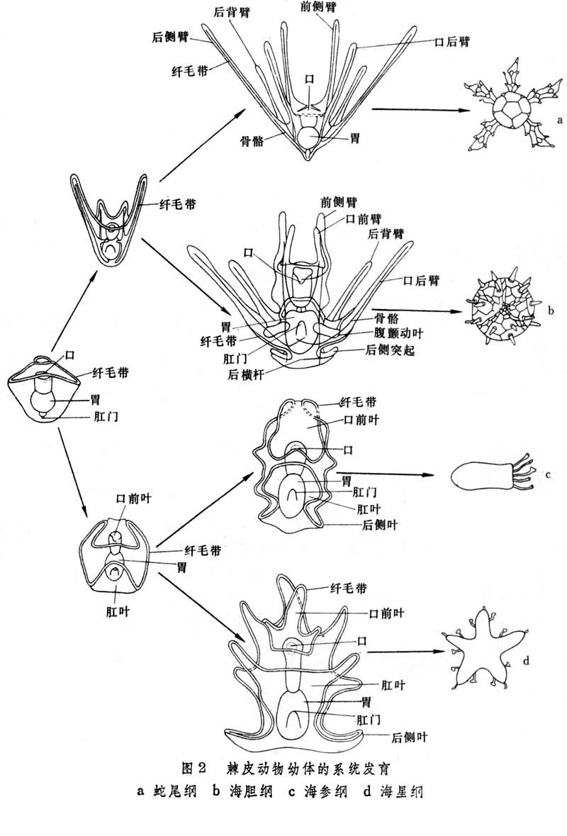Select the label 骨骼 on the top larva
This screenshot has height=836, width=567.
pos(252,141)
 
